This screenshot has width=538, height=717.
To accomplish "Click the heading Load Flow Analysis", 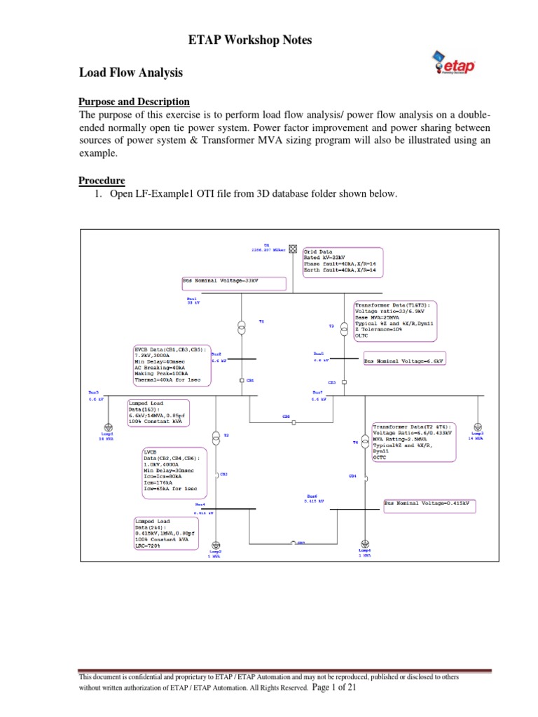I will [130, 72].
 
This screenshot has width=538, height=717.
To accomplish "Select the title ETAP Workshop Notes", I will [250, 41].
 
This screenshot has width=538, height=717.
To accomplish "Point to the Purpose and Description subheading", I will [134, 102].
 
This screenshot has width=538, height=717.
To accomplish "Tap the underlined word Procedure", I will [102, 181].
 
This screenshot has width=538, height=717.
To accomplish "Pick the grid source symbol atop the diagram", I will [294, 249].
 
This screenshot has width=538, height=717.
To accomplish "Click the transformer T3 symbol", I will [345, 328].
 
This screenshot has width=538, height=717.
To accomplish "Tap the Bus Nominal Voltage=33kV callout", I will [234, 283].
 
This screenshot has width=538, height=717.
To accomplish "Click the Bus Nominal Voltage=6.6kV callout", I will [405, 361].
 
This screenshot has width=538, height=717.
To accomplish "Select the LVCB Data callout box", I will [176, 473].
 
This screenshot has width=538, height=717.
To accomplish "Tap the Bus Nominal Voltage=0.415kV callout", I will [430, 503].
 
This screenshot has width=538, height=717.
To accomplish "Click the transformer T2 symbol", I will [216, 438].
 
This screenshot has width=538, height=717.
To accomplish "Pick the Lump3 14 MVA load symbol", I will [477, 426].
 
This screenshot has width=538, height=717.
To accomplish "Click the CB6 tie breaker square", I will [295, 423].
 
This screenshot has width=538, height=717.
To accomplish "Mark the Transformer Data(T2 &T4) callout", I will [413, 441].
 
